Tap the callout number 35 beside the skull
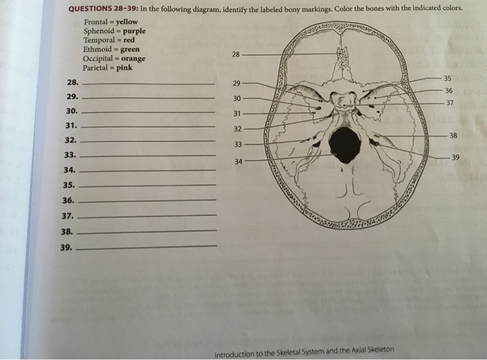[447, 78]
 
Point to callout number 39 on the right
[456, 157]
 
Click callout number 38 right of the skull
[453, 135]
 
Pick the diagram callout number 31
[237, 114]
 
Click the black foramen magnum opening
[344, 145]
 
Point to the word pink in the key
[125, 68]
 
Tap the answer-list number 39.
[67, 246]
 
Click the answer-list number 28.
[72, 83]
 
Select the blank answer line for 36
[149, 200]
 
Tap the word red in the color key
[129, 40]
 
